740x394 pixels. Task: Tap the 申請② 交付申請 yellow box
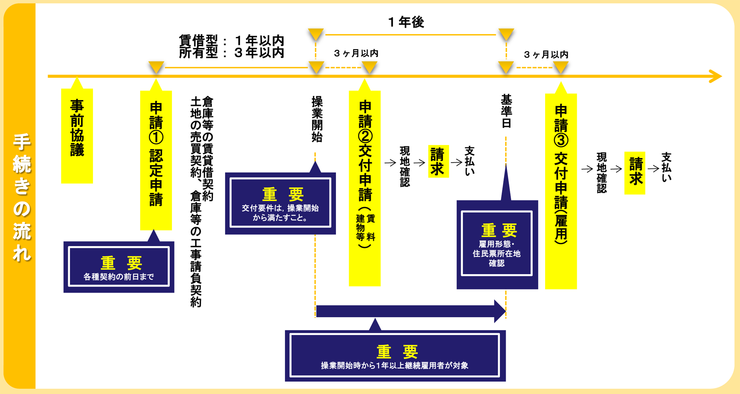365,187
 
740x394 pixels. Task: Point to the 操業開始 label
317,119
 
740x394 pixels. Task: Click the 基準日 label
506,111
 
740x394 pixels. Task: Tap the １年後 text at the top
406,22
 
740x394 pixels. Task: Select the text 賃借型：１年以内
231,40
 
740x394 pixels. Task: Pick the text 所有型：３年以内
231,53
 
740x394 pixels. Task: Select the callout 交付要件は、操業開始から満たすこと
280,203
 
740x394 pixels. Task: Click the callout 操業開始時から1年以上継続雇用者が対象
395,356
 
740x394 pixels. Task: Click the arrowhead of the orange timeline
715,76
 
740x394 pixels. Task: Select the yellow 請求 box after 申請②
438,161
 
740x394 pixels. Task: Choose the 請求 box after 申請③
635,173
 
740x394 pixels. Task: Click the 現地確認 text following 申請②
405,166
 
